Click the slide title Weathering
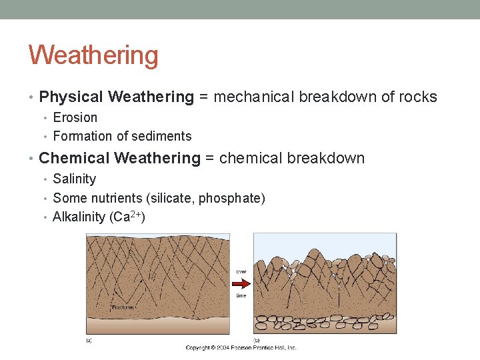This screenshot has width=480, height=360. (x=93, y=55)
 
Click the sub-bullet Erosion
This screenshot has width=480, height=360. (x=75, y=118)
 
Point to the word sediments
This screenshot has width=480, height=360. (x=163, y=137)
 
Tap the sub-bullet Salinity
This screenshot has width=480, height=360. (x=74, y=179)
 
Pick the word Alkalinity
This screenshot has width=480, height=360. (x=79, y=217)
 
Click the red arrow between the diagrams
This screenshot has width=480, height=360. (x=241, y=283)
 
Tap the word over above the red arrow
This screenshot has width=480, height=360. (x=241, y=271)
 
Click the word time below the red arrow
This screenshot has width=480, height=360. (x=241, y=295)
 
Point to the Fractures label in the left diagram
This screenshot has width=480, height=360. (x=123, y=307)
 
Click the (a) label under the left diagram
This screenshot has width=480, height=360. (x=89, y=339)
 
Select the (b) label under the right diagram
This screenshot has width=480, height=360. (x=257, y=339)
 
